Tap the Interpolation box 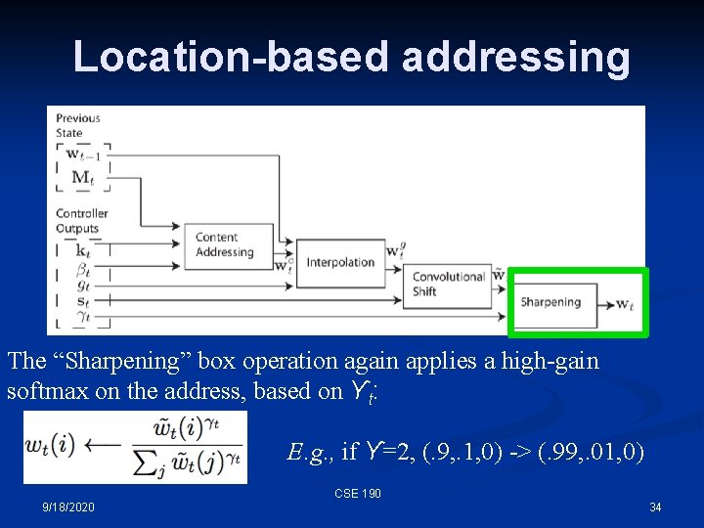(340, 262)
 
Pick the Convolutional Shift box (449, 284)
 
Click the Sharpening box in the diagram (550, 302)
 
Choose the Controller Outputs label (81, 221)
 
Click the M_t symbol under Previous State (83, 177)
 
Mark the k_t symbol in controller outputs (82, 250)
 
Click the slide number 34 (655, 507)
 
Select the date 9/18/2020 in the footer (68, 507)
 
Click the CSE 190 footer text (358, 494)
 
